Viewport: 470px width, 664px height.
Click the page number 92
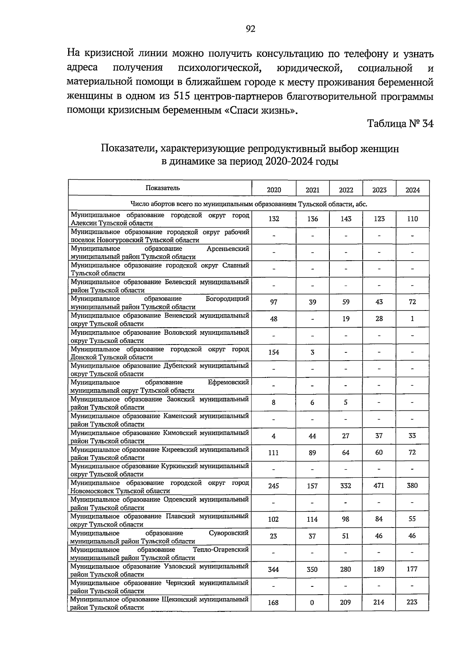(250, 29)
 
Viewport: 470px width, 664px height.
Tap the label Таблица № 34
(400, 124)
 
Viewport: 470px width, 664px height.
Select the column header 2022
(346, 190)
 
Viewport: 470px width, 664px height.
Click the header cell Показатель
(163, 188)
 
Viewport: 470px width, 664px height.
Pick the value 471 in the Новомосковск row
(379, 485)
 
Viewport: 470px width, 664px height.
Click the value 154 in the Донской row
(273, 352)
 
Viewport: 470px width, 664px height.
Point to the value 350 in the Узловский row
(312, 569)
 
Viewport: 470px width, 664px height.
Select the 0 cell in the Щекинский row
(312, 602)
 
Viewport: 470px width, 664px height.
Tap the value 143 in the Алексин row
(346, 219)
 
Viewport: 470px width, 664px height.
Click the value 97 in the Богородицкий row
(273, 302)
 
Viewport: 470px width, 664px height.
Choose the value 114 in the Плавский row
(312, 519)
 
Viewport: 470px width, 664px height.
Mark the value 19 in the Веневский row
(346, 319)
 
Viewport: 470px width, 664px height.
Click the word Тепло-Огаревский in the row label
(221, 550)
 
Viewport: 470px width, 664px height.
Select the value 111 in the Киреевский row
(273, 452)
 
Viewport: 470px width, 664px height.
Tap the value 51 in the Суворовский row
(345, 536)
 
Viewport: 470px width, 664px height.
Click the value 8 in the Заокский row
(273, 402)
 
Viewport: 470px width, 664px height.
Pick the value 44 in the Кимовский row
(312, 436)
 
